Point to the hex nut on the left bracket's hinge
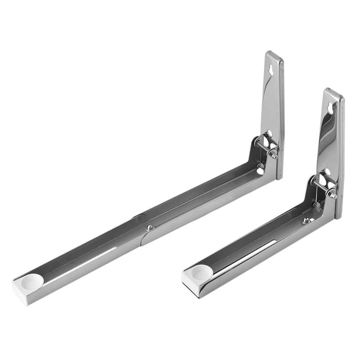click(x=274, y=156)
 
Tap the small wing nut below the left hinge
click(x=260, y=165)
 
